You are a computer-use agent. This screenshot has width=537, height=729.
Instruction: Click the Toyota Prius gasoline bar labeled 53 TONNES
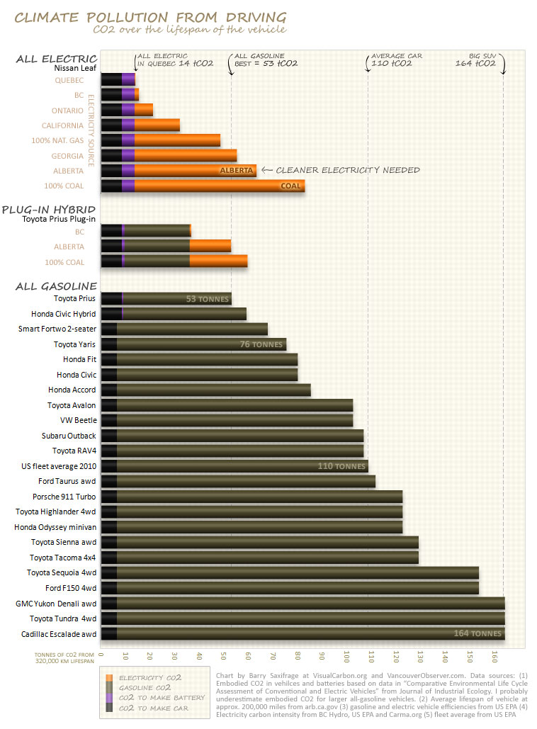point(176,299)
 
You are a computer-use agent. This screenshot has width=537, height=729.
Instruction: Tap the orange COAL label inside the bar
point(290,186)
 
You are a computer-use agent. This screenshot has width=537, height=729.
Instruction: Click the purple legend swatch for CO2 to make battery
point(108,698)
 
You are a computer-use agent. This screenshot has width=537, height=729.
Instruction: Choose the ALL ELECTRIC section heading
point(56,59)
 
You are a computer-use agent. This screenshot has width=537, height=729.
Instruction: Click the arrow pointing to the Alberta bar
point(266,170)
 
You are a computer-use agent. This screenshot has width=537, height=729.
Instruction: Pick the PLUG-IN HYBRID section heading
point(50,210)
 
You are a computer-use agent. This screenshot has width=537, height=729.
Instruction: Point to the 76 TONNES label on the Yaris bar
point(261,345)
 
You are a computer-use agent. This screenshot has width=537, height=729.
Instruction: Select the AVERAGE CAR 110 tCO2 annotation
point(387,60)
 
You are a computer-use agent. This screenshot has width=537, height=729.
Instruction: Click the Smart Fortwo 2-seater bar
point(184,329)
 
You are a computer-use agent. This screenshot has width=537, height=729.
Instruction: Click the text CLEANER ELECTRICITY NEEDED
point(347,170)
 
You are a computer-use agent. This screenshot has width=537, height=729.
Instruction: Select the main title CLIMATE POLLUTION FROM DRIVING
point(151,17)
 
